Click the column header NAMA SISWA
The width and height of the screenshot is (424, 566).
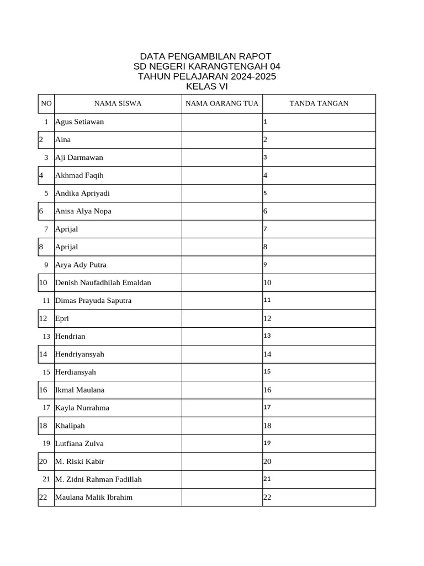(x=118, y=103)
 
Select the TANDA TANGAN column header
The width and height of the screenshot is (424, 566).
(x=319, y=103)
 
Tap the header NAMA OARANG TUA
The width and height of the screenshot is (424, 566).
(x=222, y=103)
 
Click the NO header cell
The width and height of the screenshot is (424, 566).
(x=46, y=103)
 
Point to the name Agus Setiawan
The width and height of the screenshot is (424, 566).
(x=79, y=122)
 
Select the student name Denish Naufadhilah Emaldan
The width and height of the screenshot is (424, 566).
(x=103, y=282)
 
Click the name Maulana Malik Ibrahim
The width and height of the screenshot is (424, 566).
(x=94, y=497)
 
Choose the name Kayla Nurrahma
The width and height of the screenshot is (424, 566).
(x=82, y=408)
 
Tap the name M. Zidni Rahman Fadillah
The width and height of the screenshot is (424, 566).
(x=98, y=479)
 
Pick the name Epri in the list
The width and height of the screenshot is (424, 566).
(x=62, y=318)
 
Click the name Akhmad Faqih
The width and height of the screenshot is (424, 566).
(x=79, y=175)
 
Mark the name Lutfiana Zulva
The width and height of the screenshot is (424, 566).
(x=79, y=443)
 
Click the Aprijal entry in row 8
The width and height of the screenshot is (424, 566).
(x=66, y=247)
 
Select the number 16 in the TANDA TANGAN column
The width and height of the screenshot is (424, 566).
(x=268, y=390)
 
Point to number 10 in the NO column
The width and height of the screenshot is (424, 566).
(x=44, y=282)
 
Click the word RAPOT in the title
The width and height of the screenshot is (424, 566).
(x=255, y=56)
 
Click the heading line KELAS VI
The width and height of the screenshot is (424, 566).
(x=206, y=86)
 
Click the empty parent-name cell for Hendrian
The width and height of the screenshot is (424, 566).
(x=222, y=336)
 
